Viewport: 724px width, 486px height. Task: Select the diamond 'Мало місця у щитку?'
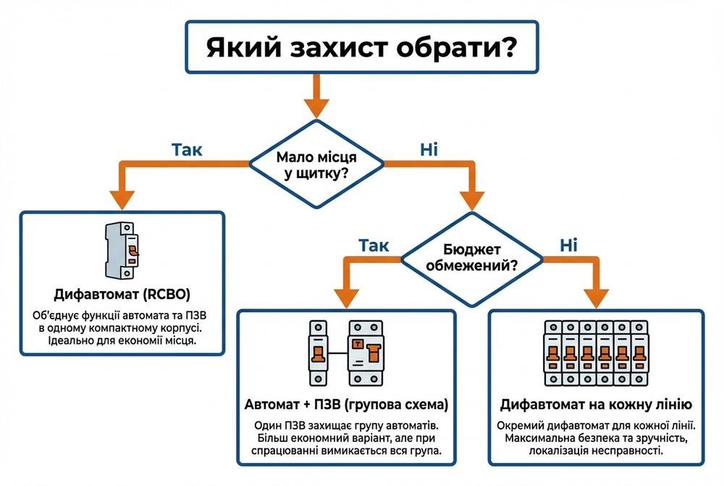316,166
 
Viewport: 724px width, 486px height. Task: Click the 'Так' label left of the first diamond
187,150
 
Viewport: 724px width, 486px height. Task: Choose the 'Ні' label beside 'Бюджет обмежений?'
568,246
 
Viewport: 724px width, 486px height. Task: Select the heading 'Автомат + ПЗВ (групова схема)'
347,404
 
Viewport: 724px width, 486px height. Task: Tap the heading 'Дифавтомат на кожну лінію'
596,404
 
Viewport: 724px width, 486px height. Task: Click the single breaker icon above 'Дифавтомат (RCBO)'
120,249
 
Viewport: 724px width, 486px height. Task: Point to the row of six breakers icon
596,353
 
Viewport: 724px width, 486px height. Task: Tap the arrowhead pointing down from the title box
316,106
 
